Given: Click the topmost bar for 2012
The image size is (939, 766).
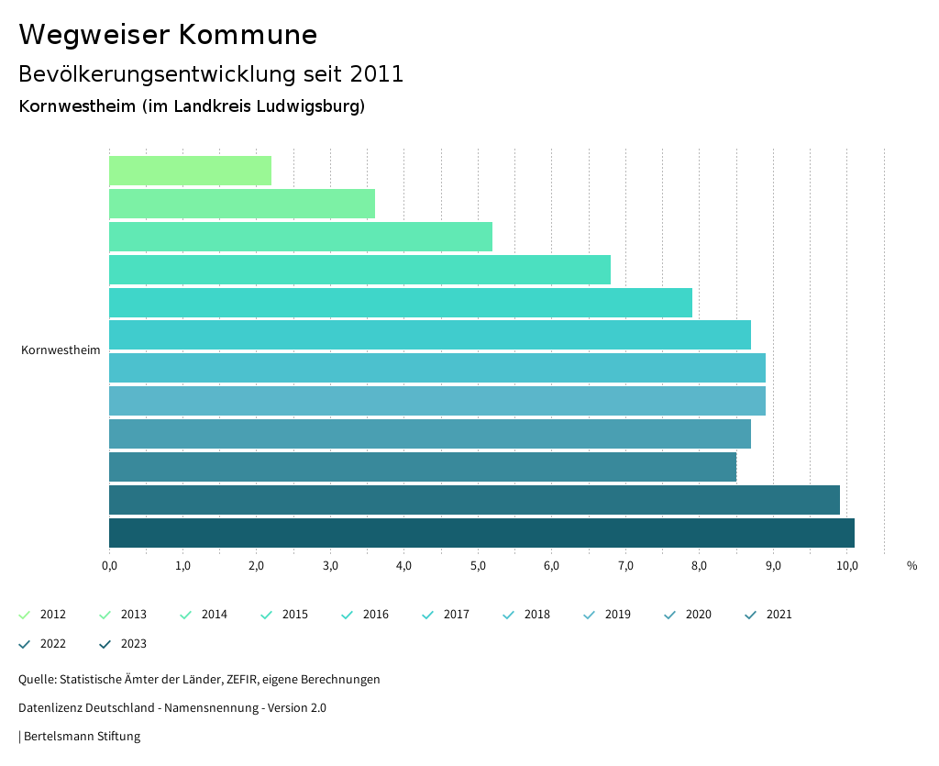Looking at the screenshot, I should [190, 171].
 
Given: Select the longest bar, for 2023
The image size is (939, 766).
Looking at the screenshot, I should [481, 533].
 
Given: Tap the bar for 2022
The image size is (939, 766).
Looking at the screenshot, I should [474, 500].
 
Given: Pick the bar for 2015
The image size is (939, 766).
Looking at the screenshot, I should [359, 270].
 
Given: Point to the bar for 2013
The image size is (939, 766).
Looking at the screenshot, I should [242, 204].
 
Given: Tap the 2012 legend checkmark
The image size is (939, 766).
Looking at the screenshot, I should [25, 615].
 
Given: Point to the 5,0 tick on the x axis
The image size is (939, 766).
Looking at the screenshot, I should [478, 565].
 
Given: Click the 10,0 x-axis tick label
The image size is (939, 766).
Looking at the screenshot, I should [846, 565].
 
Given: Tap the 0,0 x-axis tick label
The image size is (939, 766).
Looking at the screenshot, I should [109, 565].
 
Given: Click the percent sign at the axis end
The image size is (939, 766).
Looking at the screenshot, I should [911, 565].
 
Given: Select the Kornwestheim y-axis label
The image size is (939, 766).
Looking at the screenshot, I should [61, 350].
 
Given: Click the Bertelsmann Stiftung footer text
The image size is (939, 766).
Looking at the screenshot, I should [82, 736].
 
